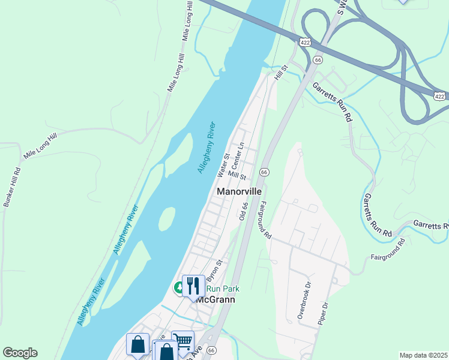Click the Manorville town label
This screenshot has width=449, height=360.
point(240,191)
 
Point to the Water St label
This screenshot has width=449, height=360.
point(223,165)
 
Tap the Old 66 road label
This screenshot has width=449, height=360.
point(243,211)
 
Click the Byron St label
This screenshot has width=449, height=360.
point(214,271)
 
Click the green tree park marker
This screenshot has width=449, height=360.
point(179,289)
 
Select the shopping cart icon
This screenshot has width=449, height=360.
point(182,341)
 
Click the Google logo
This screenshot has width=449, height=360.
point(20,353)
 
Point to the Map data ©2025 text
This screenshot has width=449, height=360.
point(423,355)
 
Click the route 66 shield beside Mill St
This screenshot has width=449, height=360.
point(264,172)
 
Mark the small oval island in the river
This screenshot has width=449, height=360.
point(167,219)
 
